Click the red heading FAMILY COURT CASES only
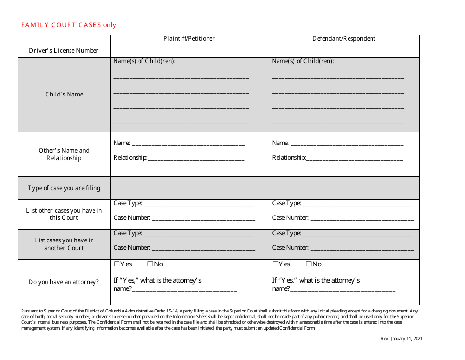tap(69, 25)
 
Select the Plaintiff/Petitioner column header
tap(189, 39)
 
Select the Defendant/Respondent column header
tap(344, 39)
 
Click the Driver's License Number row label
tap(64, 51)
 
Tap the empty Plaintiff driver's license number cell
tap(189, 51)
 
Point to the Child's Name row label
tap(64, 95)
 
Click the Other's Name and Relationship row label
tap(64, 154)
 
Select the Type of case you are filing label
tap(64, 188)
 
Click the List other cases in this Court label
tap(64, 214)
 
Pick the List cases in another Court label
tap(64, 244)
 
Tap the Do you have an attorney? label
tap(64, 282)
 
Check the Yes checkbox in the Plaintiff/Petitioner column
tap(117, 264)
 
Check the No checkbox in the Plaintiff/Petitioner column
tap(150, 264)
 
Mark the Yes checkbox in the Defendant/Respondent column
tap(275, 264)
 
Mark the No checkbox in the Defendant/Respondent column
tap(309, 264)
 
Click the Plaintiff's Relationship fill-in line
tap(196, 158)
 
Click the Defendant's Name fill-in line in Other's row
tap(347, 144)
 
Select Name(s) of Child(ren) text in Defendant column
tap(302, 61)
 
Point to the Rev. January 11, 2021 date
tap(401, 339)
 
